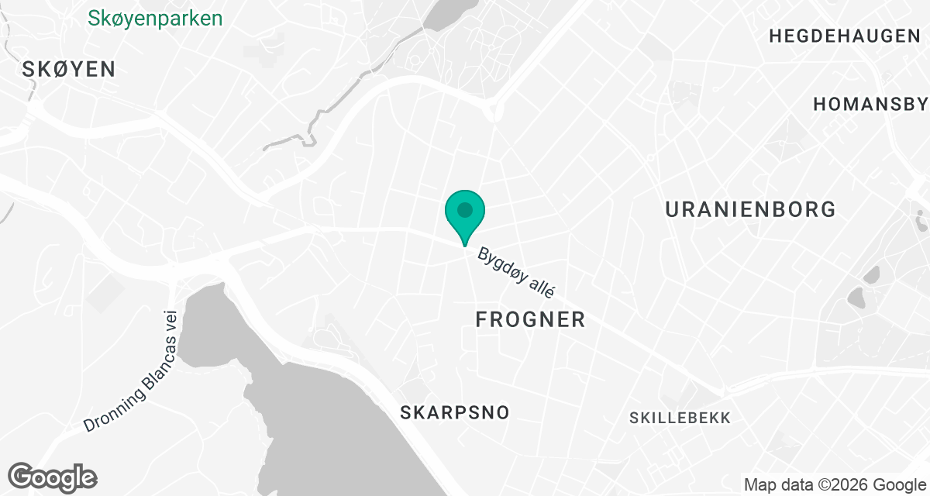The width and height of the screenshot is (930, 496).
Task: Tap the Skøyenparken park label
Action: point(155,18)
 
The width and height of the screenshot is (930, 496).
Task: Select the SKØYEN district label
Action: point(69,69)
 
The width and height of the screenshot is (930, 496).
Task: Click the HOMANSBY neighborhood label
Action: point(870,104)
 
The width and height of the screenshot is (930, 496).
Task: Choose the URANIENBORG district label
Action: point(750,209)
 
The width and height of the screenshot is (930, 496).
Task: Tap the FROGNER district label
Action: point(530,319)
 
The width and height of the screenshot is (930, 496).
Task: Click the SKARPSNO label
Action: point(455,412)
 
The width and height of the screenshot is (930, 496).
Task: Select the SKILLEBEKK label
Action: point(680,418)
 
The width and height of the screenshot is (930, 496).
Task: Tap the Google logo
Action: point(52,476)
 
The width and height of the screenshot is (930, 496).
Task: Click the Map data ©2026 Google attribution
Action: point(834,485)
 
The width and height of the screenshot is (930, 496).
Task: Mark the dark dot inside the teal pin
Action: point(464,209)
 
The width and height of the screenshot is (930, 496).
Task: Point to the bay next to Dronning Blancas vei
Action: point(294,387)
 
